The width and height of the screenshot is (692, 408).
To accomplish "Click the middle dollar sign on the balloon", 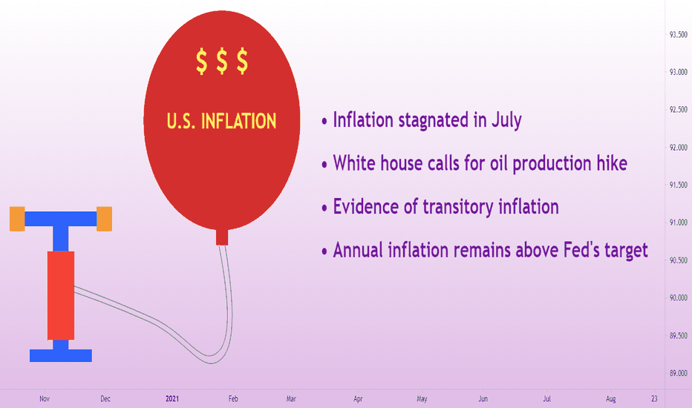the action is click(222, 62).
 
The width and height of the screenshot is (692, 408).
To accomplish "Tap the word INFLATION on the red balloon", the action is click(239, 121).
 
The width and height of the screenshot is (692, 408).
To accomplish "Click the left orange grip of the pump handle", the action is click(17, 219).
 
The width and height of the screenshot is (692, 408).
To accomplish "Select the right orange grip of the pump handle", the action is click(104, 219).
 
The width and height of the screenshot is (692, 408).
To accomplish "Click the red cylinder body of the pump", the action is click(61, 295).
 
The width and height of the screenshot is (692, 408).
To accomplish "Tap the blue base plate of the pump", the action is click(61, 355).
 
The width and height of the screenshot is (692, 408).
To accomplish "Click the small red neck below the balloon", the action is click(222, 237).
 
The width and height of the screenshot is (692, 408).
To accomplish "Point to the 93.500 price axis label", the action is click(679, 35).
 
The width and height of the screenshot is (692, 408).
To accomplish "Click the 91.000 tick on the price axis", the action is click(679, 223).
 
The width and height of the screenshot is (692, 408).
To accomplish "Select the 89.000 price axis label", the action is click(679, 373).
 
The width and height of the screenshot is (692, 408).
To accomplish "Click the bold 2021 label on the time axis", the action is click(172, 399).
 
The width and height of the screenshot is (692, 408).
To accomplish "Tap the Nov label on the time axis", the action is click(45, 399).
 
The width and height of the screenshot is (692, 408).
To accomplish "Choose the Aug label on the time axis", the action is click(611, 399).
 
